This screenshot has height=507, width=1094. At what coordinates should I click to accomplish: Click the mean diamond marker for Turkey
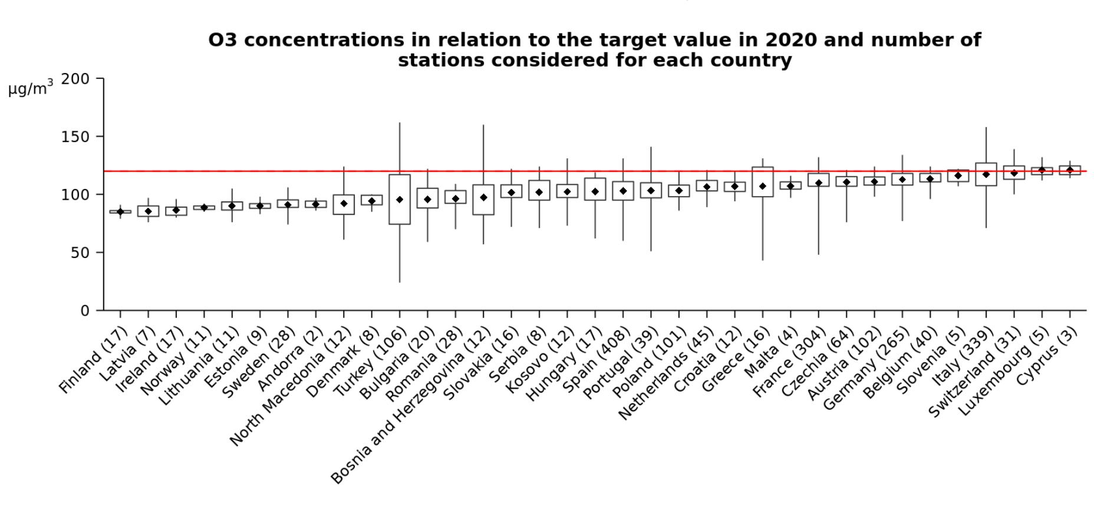[x=400, y=200]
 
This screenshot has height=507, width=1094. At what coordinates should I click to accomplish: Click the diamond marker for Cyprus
[x=1070, y=170]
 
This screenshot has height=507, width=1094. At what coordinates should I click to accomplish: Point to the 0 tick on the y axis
[x=85, y=310]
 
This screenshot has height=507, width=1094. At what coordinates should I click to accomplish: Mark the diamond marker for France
[x=819, y=183]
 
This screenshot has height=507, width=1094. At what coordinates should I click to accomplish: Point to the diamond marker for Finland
[x=120, y=212]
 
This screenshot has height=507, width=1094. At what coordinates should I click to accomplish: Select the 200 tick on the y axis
[x=75, y=79]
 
